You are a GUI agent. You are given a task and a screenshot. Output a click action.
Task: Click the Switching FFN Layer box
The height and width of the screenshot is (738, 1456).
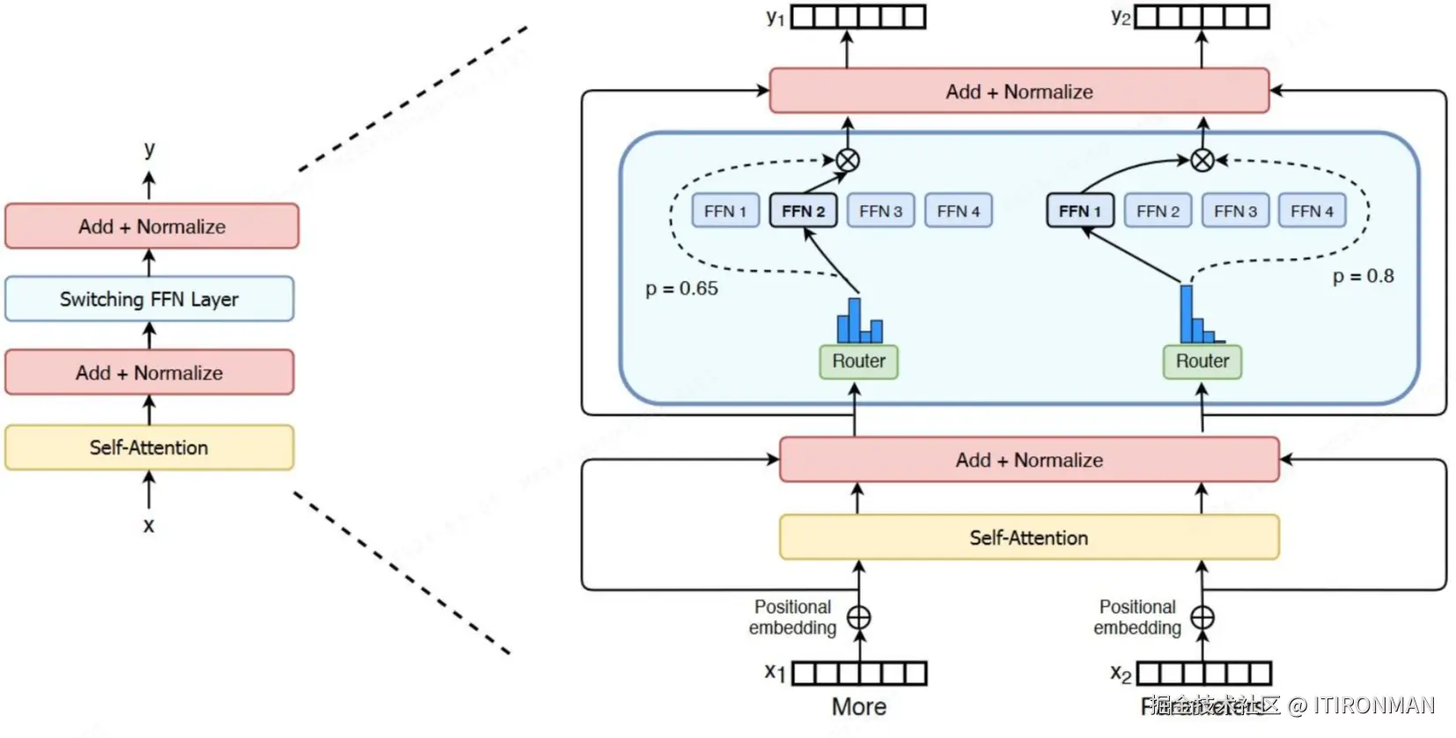click(149, 299)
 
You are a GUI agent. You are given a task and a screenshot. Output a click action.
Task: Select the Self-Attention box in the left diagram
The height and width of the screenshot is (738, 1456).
click(149, 447)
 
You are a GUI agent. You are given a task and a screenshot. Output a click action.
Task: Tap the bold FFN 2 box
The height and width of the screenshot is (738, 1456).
click(803, 211)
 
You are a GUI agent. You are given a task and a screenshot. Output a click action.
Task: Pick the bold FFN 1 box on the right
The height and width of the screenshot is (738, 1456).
click(1079, 211)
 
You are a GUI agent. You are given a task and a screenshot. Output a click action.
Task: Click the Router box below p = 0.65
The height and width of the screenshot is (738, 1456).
click(858, 361)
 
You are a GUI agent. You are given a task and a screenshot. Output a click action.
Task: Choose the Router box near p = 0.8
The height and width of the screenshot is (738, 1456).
click(1202, 361)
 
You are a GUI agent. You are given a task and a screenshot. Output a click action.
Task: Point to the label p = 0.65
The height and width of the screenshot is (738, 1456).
click(681, 289)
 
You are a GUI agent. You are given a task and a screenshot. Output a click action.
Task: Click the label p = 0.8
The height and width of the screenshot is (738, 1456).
click(1363, 277)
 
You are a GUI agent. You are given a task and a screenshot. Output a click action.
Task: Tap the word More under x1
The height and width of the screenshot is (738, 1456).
click(859, 706)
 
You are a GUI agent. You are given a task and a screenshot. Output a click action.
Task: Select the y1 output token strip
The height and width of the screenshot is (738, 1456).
click(858, 17)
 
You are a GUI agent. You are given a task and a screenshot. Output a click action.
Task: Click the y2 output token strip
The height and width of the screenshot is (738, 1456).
click(1202, 17)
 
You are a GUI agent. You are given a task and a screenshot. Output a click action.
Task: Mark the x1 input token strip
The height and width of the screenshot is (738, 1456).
click(859, 674)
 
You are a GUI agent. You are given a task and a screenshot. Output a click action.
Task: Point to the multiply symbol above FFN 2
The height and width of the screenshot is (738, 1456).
click(847, 160)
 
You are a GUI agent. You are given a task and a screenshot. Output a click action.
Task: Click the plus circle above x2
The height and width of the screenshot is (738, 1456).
click(1202, 617)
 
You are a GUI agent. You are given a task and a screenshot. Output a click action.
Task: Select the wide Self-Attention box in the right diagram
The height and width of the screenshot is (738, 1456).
click(1028, 537)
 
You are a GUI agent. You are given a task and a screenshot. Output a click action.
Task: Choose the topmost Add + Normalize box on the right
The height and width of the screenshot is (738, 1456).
click(1018, 92)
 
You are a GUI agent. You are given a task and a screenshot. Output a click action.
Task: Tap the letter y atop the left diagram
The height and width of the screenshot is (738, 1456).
click(150, 148)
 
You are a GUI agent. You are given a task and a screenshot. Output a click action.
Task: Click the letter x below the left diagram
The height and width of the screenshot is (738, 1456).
click(149, 526)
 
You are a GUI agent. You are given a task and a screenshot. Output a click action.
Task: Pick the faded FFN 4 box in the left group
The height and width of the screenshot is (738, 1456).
click(958, 211)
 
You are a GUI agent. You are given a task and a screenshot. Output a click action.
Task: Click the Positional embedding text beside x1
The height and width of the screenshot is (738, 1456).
click(792, 617)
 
